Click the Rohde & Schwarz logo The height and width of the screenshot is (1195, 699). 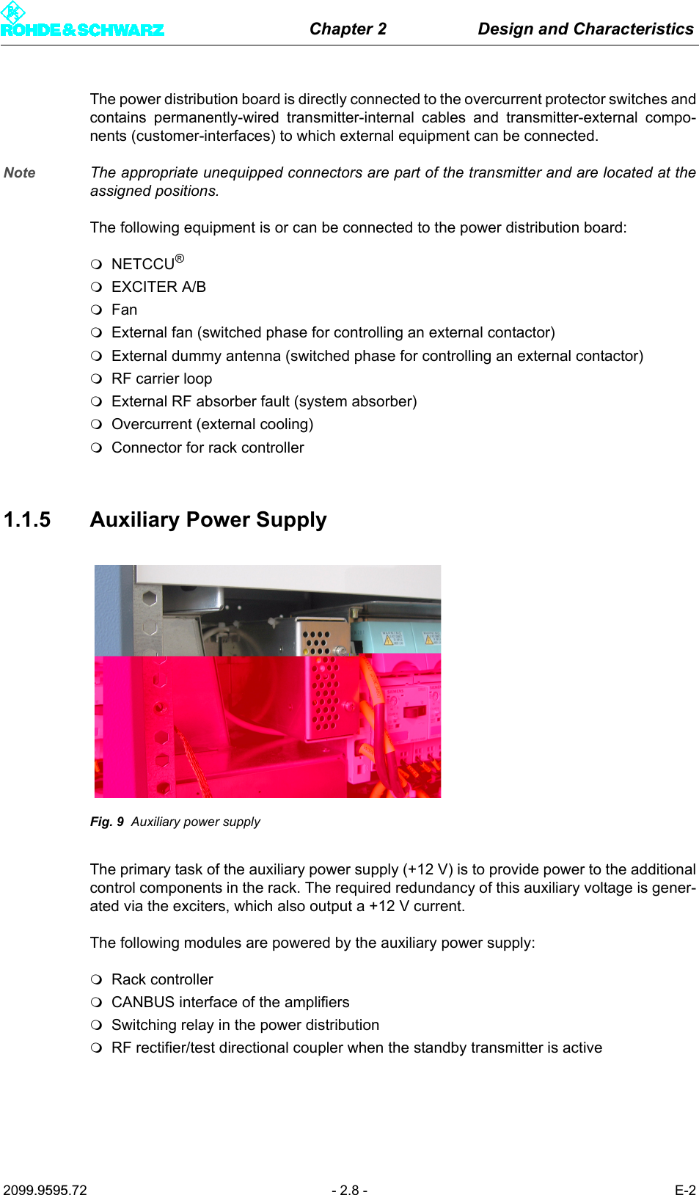click(81, 21)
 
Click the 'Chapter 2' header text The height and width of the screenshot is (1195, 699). click(348, 29)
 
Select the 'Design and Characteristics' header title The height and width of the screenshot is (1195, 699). click(585, 29)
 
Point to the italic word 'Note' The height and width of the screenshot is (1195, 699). click(20, 172)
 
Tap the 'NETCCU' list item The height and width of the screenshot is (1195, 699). click(143, 264)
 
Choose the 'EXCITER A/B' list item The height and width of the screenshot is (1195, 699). click(158, 287)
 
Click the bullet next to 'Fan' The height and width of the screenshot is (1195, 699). click(96, 310)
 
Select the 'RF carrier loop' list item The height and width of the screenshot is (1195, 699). click(161, 379)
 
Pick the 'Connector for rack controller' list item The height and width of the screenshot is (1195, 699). click(208, 447)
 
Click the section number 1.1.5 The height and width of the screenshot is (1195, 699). click(27, 520)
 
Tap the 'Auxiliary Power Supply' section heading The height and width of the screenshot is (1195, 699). click(208, 520)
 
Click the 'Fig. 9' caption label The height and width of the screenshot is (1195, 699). click(107, 822)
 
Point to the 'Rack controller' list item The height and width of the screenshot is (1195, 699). click(162, 979)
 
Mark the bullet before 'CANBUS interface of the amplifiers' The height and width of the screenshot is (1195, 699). click(96, 1003)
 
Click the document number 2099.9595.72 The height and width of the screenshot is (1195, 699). click(45, 1190)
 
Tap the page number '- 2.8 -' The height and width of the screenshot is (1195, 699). click(349, 1190)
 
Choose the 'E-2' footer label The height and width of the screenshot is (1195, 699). click(685, 1190)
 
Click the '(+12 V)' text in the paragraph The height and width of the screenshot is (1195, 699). click(428, 869)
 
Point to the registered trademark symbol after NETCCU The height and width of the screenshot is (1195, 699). click(180, 258)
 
